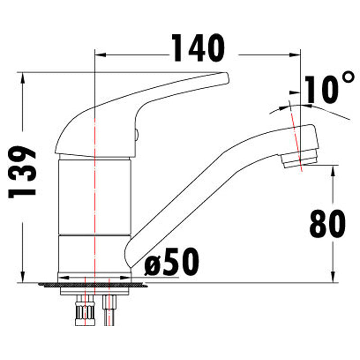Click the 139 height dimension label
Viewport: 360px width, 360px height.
22,172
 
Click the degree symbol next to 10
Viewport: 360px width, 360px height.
348,78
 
